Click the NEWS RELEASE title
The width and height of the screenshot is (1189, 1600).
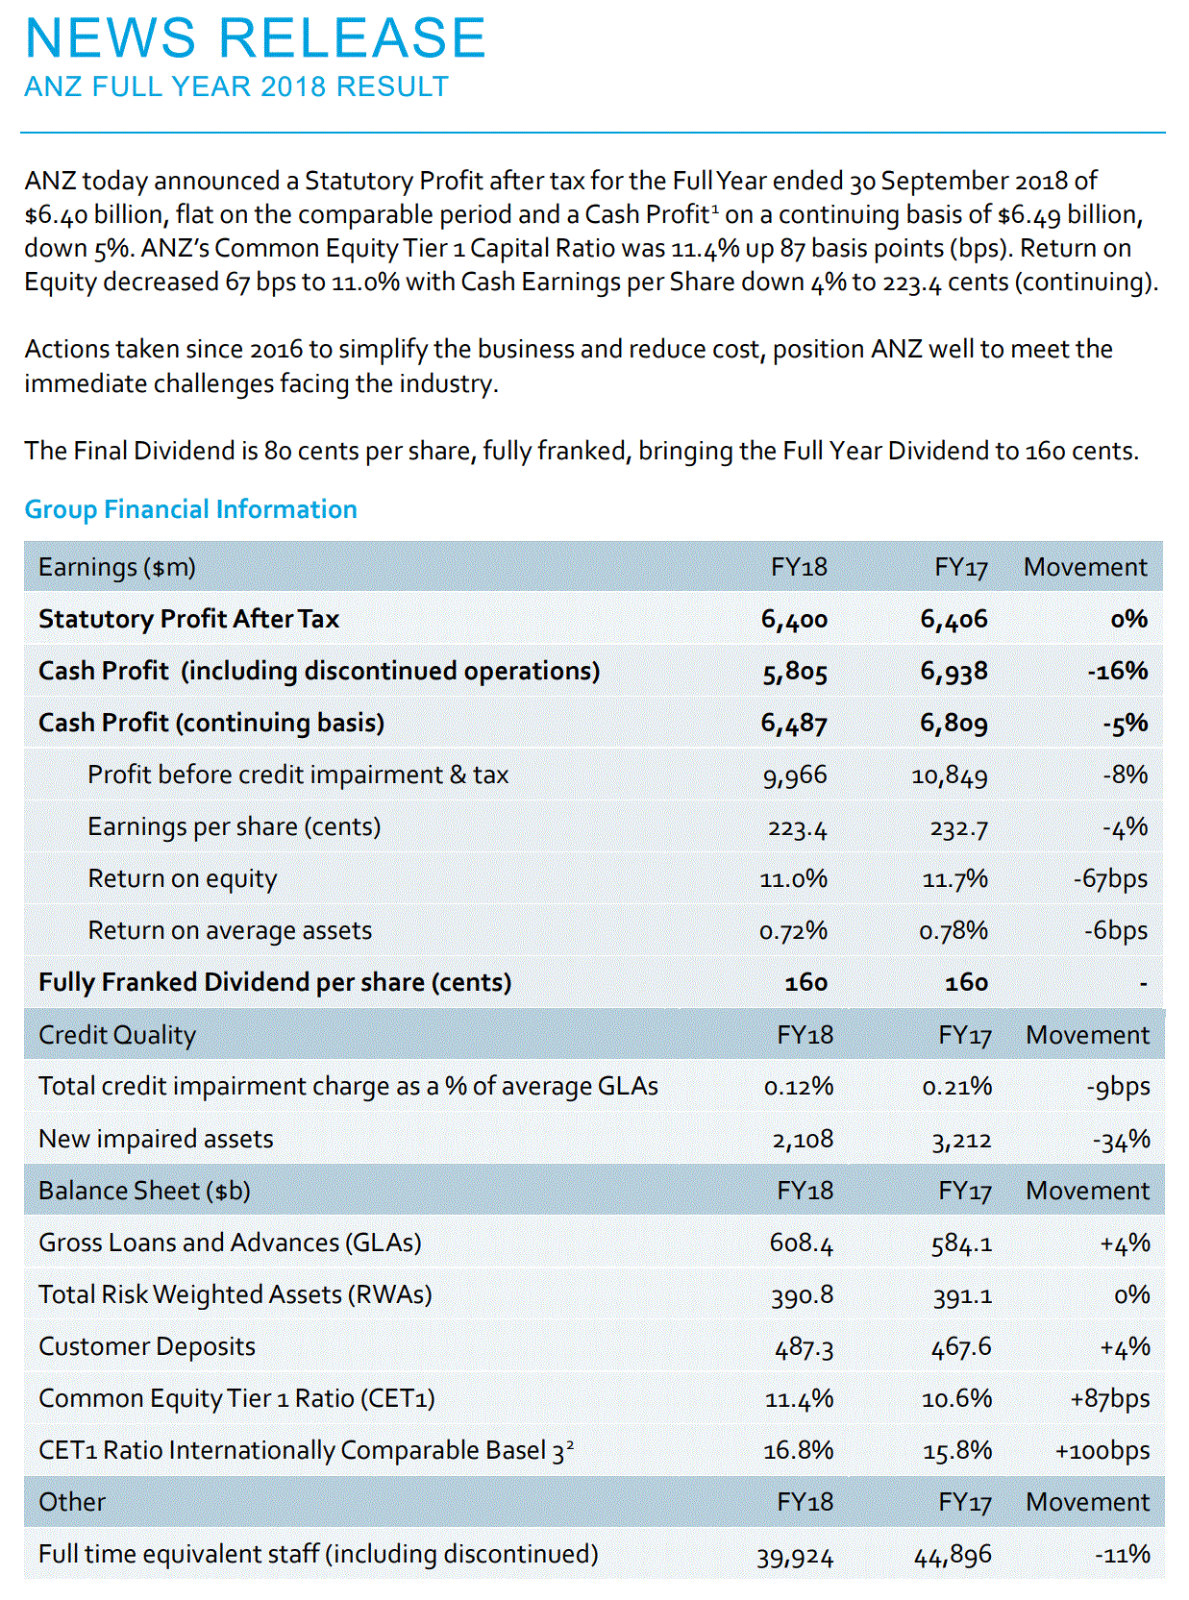[256, 38]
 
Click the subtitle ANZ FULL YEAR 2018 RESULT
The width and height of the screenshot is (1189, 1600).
[236, 87]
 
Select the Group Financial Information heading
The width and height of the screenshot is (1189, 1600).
[190, 509]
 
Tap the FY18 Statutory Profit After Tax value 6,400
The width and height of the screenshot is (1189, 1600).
[794, 620]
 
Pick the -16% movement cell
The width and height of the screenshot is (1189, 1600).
[1118, 671]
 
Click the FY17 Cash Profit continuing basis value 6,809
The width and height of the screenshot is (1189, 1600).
[954, 723]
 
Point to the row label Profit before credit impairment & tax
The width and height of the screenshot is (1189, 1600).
[298, 775]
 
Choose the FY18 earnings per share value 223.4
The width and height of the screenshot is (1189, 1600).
[797, 827]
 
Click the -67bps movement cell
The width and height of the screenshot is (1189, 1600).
[1110, 878]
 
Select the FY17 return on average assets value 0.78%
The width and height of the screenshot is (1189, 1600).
[954, 931]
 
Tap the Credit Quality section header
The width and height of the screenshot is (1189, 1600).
[117, 1035]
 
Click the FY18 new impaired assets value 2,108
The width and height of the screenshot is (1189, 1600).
[803, 1140]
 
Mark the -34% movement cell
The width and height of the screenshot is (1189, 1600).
[1122, 1140]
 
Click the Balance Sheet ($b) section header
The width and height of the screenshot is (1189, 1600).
[144, 1191]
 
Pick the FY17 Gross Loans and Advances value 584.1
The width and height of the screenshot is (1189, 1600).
[961, 1243]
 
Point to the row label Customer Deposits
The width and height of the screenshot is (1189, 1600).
[147, 1346]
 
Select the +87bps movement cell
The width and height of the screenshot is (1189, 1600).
[1110, 1398]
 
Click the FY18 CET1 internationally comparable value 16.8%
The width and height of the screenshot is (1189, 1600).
[799, 1450]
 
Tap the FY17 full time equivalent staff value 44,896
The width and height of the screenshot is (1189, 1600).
[953, 1555]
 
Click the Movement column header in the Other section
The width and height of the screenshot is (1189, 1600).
[1087, 1502]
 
